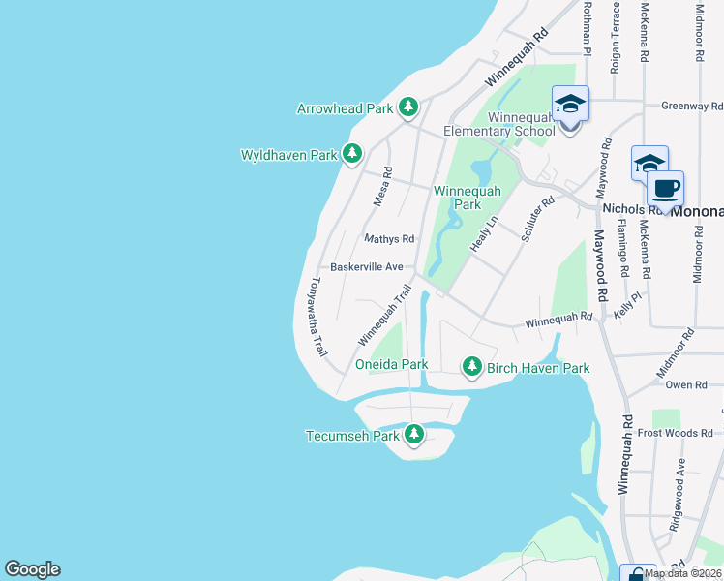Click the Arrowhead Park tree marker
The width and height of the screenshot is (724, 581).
(409, 107)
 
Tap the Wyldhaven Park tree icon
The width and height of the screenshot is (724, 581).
(353, 153)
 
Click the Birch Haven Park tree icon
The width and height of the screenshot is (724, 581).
(471, 366)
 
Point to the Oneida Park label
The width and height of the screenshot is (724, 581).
(391, 365)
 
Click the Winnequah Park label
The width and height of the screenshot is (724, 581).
(468, 198)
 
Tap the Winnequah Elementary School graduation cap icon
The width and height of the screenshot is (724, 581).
(570, 104)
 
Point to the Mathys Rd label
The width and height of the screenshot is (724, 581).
(389, 238)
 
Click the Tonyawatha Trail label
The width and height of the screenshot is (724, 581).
(315, 320)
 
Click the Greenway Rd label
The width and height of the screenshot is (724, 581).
(692, 106)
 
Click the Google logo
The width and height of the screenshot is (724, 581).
(32, 569)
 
